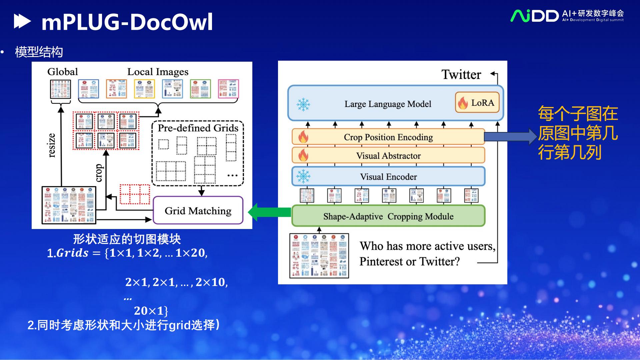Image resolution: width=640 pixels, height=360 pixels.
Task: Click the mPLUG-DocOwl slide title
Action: tap(127, 22)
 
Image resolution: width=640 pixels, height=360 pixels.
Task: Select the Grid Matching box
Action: tap(198, 211)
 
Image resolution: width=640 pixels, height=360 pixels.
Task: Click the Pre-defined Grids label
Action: tap(198, 128)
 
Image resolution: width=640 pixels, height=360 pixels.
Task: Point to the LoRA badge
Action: tap(477, 103)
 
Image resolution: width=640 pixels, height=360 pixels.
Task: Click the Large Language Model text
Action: tap(388, 104)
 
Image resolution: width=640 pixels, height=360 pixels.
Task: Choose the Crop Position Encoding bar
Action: tap(388, 137)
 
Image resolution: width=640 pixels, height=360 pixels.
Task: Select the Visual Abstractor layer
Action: tap(388, 156)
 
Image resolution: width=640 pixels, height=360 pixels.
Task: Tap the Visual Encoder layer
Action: tap(388, 177)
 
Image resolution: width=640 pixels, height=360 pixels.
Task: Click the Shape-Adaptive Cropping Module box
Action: tap(388, 216)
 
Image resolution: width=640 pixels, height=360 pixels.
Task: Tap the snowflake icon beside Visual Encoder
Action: tap(303, 176)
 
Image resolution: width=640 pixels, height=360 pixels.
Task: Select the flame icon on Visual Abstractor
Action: tap(303, 155)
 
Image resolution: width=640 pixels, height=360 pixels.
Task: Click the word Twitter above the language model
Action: tap(461, 75)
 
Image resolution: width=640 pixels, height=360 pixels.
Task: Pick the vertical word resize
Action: tap(52, 145)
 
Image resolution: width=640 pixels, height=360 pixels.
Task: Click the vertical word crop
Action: tap(99, 173)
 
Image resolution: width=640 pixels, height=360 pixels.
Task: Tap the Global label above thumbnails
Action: tap(62, 72)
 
